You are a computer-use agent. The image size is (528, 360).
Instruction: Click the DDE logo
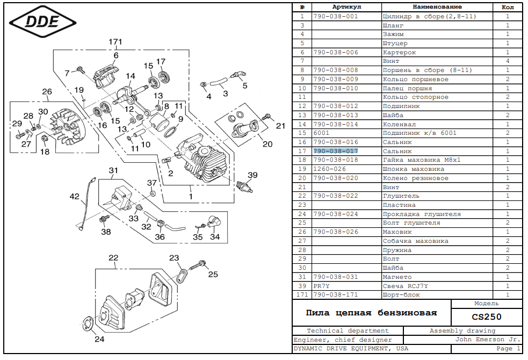click(x=42, y=22)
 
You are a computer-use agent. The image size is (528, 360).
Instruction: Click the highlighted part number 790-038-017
click(x=336, y=151)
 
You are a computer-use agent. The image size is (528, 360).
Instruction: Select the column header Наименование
click(x=437, y=7)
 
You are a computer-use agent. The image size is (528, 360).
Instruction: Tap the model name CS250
click(x=487, y=317)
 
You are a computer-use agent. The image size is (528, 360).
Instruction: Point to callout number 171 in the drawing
click(x=115, y=42)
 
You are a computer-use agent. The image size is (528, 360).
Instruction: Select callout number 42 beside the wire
click(x=75, y=196)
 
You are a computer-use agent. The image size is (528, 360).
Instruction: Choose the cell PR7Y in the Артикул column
click(x=321, y=286)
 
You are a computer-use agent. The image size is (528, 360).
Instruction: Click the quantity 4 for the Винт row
click(x=508, y=61)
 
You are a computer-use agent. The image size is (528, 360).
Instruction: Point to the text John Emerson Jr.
click(x=488, y=340)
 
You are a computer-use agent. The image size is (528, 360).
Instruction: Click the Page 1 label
click(x=508, y=349)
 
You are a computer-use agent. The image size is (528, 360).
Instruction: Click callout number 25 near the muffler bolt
click(x=213, y=274)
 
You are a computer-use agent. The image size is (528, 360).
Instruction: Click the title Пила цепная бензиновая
click(x=371, y=313)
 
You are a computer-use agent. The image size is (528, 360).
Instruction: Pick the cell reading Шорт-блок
click(x=401, y=294)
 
